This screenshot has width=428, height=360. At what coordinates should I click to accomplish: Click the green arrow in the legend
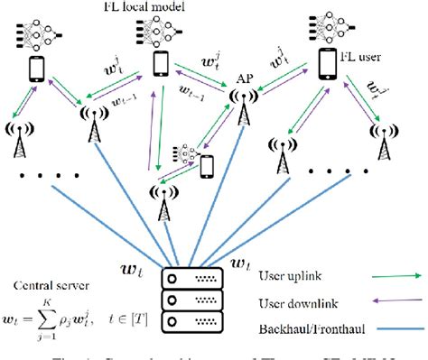coord(395,272)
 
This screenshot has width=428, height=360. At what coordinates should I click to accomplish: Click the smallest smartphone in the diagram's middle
coord(207,165)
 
